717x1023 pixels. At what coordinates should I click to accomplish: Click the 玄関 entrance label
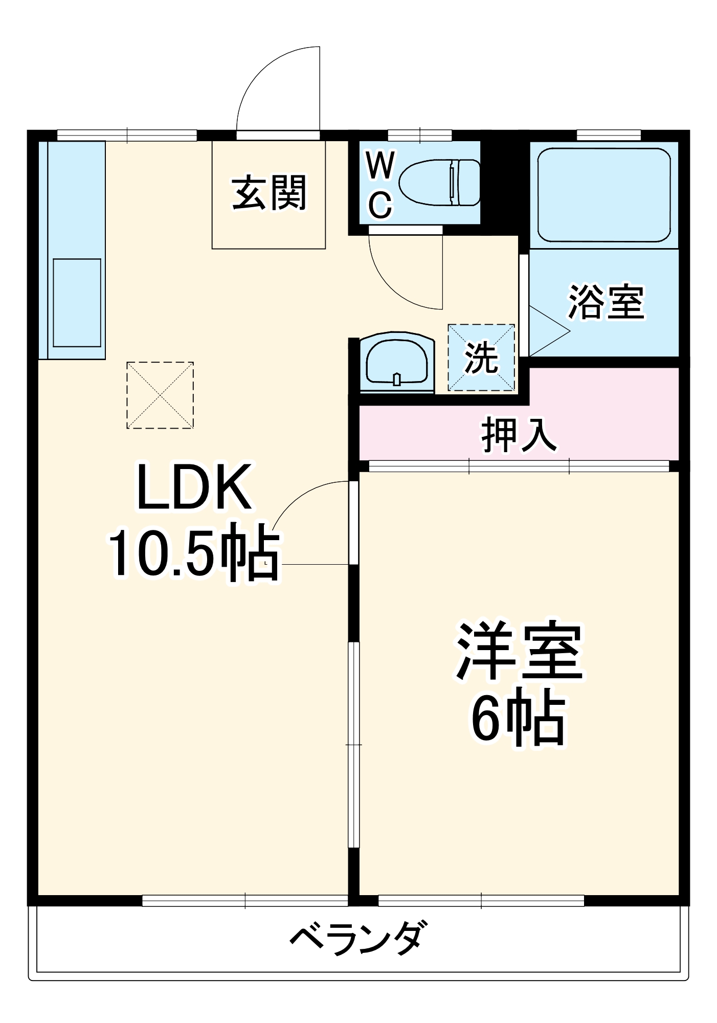269,193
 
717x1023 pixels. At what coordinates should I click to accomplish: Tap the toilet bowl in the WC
439,183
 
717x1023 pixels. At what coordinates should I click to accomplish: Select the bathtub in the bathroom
603,195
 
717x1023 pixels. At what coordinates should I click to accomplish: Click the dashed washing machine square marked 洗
481,358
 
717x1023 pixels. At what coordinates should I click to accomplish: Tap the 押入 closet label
519,435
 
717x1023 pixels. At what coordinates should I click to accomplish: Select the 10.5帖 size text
193,552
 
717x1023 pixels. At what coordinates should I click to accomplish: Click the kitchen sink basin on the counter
77,302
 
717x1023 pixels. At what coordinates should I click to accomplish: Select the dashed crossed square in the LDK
160,395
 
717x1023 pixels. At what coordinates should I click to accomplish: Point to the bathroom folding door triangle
550,331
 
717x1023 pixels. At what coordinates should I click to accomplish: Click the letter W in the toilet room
380,166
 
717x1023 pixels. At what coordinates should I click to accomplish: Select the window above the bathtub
609,135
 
